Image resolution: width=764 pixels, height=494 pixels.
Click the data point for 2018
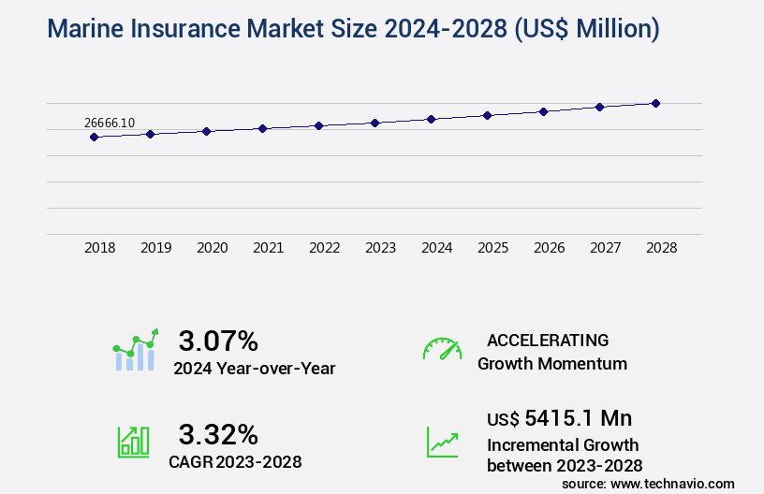[x=94, y=137]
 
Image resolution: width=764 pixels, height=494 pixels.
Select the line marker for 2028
[x=655, y=103]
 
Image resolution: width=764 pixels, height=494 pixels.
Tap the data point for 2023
[x=375, y=123]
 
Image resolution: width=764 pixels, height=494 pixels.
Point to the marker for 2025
[x=487, y=115]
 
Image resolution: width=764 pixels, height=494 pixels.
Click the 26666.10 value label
[x=110, y=123]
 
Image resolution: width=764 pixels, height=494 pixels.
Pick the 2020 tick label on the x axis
[x=213, y=249]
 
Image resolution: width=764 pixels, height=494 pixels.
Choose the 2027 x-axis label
[x=606, y=249]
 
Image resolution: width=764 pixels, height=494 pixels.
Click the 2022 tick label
[x=325, y=249]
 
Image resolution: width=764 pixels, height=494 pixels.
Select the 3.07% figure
[x=218, y=341]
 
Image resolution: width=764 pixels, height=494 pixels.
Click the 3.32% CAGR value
[x=218, y=434]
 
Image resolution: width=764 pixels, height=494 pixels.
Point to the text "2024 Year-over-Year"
[x=254, y=369]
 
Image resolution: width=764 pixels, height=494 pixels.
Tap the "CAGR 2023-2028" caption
[x=235, y=461]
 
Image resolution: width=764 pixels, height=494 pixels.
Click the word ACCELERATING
[x=548, y=341]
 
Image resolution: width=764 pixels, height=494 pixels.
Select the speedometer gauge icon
[x=441, y=349]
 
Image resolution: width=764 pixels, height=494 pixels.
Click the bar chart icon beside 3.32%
[x=133, y=442]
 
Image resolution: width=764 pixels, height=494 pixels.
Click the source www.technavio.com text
[x=648, y=483]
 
